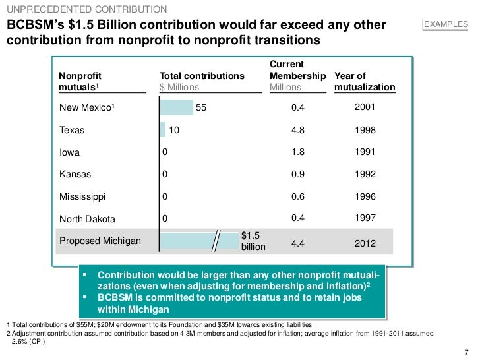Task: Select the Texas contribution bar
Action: [163, 130]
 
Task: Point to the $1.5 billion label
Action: [253, 241]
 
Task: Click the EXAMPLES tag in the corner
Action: [445, 25]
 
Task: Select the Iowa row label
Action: [69, 152]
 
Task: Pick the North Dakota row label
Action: [87, 219]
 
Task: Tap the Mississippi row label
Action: [82, 196]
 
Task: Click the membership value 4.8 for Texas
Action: [298, 131]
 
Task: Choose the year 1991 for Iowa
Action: [365, 152]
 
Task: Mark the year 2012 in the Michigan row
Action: [365, 243]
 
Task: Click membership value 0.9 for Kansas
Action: [298, 175]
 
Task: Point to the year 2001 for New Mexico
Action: [365, 107]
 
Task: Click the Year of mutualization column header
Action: [365, 82]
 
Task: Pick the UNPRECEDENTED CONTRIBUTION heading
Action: [86, 9]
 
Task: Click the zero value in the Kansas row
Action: [165, 175]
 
